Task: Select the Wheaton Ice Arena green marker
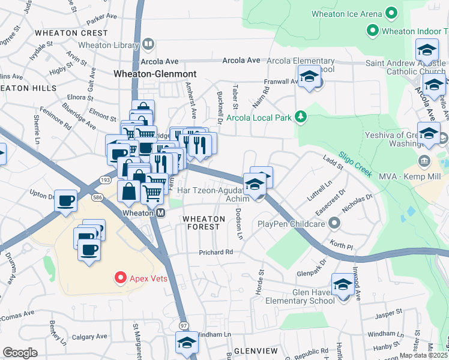pyautogui.click(x=391, y=13)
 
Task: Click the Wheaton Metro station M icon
pyautogui.click(x=161, y=213)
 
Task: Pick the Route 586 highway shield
pyautogui.click(x=96, y=197)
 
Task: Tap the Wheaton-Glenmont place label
pyautogui.click(x=155, y=74)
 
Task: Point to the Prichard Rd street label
pyautogui.click(x=216, y=252)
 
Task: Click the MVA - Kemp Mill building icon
pyautogui.click(x=424, y=160)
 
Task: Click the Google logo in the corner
pyautogui.click(x=20, y=353)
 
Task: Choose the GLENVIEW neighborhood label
pyautogui.click(x=256, y=350)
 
